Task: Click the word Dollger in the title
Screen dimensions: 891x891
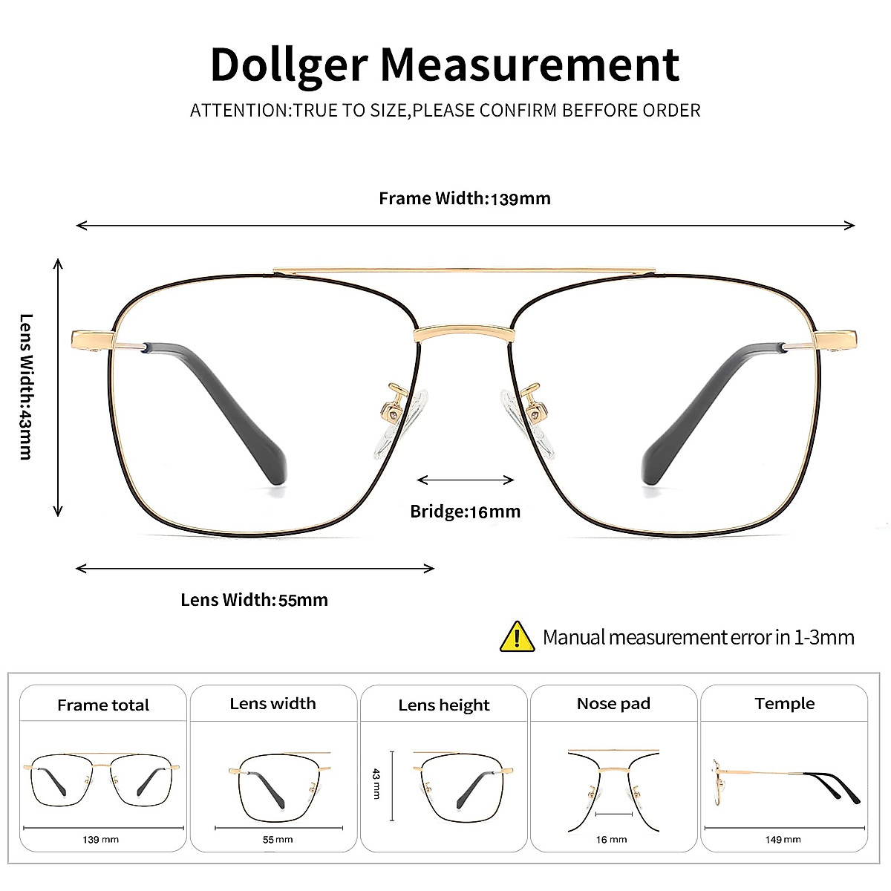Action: pos(289,65)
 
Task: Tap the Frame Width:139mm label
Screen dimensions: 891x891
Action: pos(465,198)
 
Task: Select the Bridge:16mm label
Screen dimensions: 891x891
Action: pos(466,512)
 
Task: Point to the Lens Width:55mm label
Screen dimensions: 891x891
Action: pos(254,600)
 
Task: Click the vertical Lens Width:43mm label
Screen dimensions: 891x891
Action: pos(27,386)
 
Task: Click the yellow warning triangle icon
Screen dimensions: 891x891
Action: pos(518,637)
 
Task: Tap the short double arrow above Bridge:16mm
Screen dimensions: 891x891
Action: pos(466,480)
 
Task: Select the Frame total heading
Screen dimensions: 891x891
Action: pos(103,705)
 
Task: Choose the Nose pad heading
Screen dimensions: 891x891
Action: pos(613,703)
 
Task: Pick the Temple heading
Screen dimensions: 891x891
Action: pos(784,703)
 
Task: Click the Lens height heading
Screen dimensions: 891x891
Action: pos(444,705)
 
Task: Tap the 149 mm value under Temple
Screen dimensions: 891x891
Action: pos(783,840)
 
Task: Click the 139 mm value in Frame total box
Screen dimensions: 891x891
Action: pos(101,840)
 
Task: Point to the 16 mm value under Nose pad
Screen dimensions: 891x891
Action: pos(611,840)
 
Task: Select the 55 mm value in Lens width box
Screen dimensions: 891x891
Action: pos(278,840)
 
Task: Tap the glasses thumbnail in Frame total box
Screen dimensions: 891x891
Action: pos(102,781)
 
